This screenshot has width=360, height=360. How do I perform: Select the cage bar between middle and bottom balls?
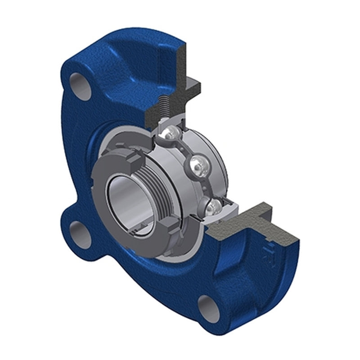pyautogui.click(x=206, y=187)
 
